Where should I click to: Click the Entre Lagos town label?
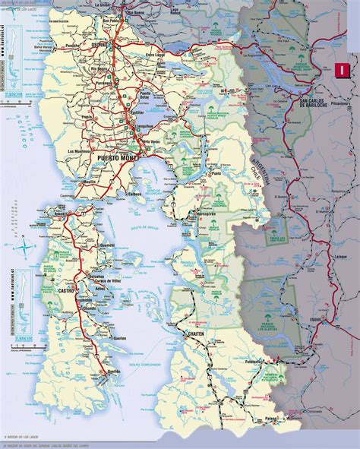155,55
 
